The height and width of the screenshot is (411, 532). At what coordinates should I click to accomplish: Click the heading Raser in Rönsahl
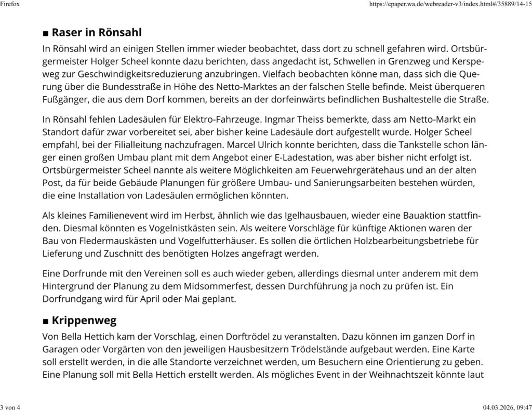point(97,33)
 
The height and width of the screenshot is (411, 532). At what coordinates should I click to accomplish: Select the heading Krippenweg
point(84,320)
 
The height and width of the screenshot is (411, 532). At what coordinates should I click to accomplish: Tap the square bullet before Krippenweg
point(46,322)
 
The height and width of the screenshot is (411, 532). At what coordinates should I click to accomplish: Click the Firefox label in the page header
point(10,4)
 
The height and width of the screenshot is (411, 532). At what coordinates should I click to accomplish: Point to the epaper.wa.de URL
point(449,4)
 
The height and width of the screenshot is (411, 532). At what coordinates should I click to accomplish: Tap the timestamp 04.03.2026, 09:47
point(503,407)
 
